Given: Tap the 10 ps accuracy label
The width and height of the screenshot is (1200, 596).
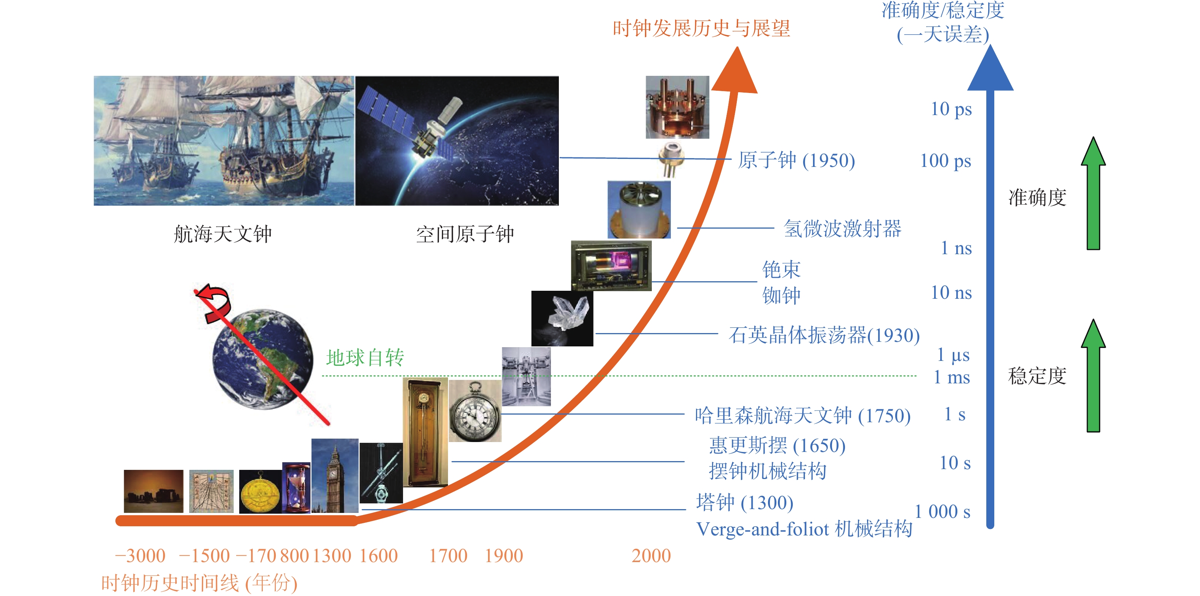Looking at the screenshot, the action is pyautogui.click(x=951, y=109).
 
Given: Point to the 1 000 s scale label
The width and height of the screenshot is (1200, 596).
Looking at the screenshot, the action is pyautogui.click(x=942, y=512).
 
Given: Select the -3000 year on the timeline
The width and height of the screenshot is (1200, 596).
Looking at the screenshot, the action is pyautogui.click(x=140, y=556).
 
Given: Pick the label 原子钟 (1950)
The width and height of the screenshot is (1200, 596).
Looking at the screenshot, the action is pyautogui.click(x=797, y=160).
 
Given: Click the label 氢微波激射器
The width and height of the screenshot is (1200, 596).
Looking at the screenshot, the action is pyautogui.click(x=842, y=229).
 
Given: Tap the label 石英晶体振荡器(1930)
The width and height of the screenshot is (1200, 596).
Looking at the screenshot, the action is pyautogui.click(x=824, y=335).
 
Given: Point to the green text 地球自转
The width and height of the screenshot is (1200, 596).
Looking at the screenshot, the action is pyautogui.click(x=365, y=358).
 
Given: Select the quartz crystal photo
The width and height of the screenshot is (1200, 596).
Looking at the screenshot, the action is pyautogui.click(x=562, y=319).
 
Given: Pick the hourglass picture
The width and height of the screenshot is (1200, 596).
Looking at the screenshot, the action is pyautogui.click(x=296, y=488).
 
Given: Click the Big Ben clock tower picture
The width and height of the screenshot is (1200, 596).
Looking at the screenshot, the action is pyautogui.click(x=335, y=476).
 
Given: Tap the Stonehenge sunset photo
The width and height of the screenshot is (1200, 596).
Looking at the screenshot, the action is pyautogui.click(x=154, y=491).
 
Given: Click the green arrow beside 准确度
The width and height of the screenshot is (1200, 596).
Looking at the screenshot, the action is pyautogui.click(x=1093, y=193).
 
